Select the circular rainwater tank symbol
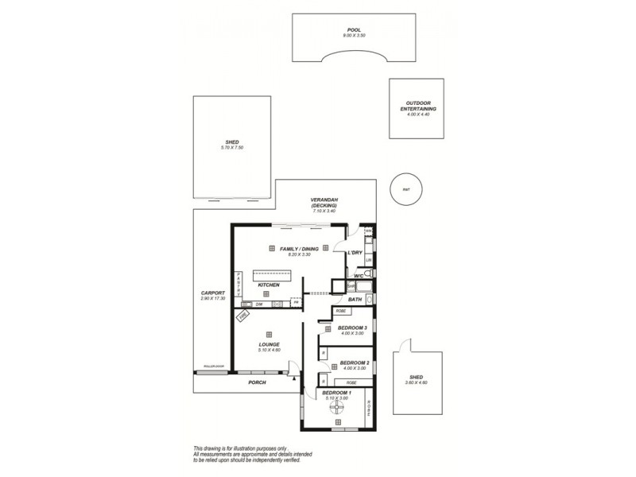[405, 188]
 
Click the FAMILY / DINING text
[299, 250]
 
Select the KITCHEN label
[268, 285]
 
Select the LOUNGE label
[269, 345]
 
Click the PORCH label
[256, 383]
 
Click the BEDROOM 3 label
[351, 329]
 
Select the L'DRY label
[355, 253]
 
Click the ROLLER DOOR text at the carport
[214, 367]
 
